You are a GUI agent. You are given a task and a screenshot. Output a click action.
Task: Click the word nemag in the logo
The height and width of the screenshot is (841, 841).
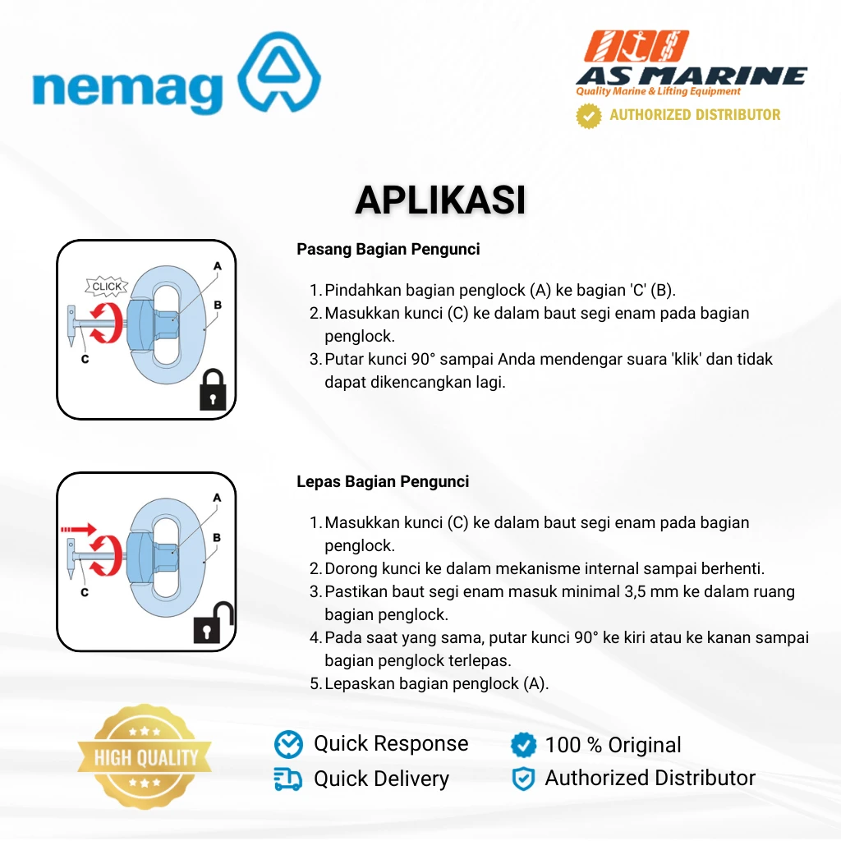(x=127, y=92)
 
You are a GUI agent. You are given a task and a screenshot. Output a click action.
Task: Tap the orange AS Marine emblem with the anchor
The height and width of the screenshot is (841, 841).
(x=636, y=46)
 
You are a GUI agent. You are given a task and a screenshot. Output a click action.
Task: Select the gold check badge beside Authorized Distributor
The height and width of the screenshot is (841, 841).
(x=588, y=115)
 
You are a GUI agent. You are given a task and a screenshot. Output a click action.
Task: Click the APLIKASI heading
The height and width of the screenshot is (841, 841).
(x=440, y=200)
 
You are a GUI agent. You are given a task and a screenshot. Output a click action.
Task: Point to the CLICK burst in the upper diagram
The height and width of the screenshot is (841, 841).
(x=107, y=287)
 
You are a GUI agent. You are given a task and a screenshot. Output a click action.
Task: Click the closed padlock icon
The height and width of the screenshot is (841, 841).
(x=213, y=390)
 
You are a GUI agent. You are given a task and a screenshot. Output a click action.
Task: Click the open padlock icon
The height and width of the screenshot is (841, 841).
(x=214, y=623)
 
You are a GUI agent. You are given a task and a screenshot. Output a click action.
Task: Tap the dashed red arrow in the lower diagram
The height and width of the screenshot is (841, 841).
(x=78, y=530)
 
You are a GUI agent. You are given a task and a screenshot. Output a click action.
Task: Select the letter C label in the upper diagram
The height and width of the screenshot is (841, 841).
(x=85, y=360)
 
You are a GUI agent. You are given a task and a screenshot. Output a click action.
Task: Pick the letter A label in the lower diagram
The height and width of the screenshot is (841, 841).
(x=217, y=498)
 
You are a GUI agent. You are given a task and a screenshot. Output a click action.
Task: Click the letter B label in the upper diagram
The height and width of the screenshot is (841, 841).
(x=217, y=305)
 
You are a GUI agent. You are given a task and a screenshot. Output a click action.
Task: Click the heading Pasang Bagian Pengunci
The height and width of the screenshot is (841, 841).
(x=388, y=250)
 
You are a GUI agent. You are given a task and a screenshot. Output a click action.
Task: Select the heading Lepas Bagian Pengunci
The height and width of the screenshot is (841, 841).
(x=383, y=481)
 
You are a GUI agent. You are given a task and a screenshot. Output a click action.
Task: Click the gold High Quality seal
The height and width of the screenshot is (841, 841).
(x=145, y=756)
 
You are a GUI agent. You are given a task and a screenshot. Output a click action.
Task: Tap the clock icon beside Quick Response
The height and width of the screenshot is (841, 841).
(x=288, y=744)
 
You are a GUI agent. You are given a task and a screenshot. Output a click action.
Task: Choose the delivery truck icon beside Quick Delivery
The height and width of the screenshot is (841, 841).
(x=288, y=779)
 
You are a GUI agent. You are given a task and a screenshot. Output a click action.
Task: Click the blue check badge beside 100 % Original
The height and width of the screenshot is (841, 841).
(x=523, y=744)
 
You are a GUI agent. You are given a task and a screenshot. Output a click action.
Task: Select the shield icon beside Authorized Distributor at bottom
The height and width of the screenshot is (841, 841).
(x=523, y=779)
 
